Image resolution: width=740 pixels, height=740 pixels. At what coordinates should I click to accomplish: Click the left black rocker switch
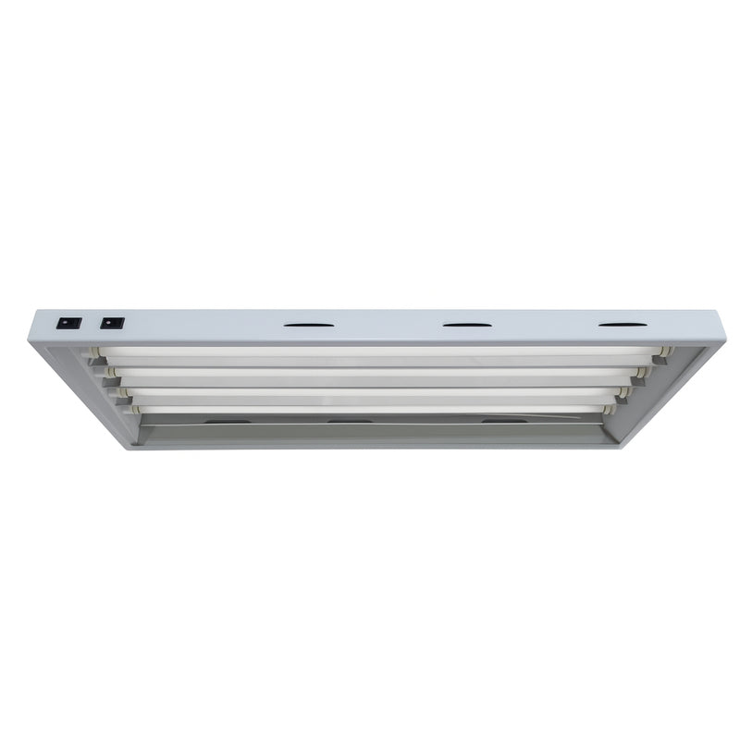(x=69, y=323)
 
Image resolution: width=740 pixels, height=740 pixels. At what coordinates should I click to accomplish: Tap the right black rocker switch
(x=112, y=323)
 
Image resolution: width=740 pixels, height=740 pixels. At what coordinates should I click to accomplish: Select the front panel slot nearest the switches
(x=309, y=325)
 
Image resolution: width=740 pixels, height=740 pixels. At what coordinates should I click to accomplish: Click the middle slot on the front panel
(x=467, y=325)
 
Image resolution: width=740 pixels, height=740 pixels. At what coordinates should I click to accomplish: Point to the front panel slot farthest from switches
(x=623, y=324)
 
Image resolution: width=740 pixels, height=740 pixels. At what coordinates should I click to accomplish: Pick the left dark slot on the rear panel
(x=228, y=422)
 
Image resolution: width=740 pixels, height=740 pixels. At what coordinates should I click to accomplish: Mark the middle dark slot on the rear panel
(x=350, y=422)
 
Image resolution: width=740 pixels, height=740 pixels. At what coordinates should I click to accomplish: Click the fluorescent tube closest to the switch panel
(x=379, y=352)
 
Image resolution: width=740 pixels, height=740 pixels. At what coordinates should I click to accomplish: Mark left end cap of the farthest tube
(x=135, y=409)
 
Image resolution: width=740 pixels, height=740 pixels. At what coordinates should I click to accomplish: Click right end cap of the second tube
(x=641, y=373)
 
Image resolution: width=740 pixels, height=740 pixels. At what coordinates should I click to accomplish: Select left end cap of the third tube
(x=123, y=393)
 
